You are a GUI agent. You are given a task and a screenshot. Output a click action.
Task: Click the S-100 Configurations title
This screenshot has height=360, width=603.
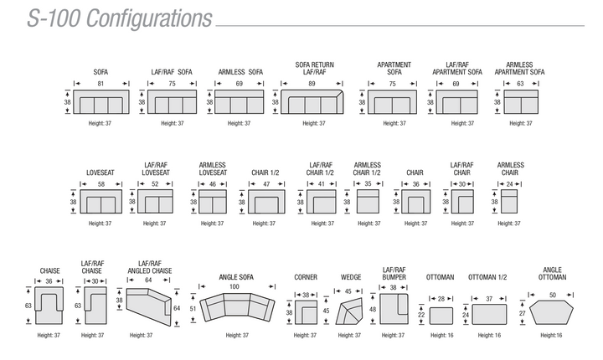119,18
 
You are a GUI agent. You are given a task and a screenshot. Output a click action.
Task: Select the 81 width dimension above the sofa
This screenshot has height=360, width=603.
100,84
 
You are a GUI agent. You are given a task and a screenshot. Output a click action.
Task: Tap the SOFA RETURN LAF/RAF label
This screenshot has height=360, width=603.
315,68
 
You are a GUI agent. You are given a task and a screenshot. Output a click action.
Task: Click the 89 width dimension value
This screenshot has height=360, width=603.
312,84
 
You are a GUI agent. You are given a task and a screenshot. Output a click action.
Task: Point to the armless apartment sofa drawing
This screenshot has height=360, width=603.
521,102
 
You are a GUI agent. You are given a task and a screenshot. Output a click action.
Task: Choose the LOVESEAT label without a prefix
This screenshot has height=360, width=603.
100,172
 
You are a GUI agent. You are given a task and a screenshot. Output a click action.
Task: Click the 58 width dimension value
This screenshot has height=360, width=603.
101,184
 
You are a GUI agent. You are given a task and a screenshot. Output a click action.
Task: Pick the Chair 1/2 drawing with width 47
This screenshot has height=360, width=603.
266,202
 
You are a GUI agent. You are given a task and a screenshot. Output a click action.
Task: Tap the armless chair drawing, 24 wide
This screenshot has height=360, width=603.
509,202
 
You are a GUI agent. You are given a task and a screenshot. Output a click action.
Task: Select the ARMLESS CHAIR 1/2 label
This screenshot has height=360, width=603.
368,169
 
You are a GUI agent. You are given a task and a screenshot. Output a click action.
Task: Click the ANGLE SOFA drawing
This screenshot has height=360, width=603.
237,307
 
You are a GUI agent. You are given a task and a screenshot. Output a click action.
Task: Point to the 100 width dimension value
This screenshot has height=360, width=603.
234,286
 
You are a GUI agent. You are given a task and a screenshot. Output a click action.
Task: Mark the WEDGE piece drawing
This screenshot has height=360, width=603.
349,311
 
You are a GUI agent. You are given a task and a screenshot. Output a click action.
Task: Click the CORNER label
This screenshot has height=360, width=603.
306,277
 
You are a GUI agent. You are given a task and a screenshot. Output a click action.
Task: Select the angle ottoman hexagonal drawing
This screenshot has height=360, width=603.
551,312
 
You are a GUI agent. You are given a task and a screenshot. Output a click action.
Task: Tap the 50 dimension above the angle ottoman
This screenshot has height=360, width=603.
553,295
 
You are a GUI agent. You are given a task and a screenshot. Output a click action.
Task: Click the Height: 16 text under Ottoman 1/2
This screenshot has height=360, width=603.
489,336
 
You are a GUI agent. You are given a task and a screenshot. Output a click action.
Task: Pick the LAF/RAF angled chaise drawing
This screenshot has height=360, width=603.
148,307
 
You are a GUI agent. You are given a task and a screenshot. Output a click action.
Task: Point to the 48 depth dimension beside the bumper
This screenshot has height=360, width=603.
373,309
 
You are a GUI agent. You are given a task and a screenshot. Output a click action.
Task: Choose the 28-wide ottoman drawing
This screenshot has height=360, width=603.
441,316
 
